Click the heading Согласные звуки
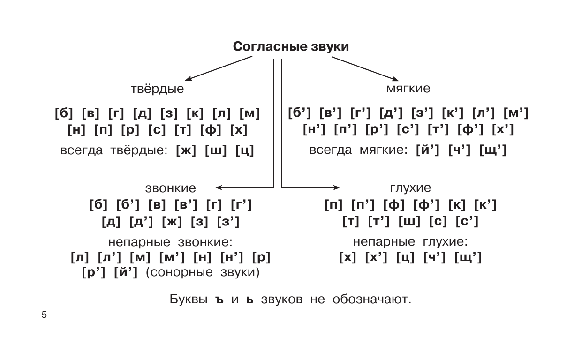291,47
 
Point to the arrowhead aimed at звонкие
219,188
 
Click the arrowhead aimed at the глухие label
336,188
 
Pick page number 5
44,315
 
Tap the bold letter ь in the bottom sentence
250,300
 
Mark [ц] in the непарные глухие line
404,258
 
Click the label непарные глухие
410,242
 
